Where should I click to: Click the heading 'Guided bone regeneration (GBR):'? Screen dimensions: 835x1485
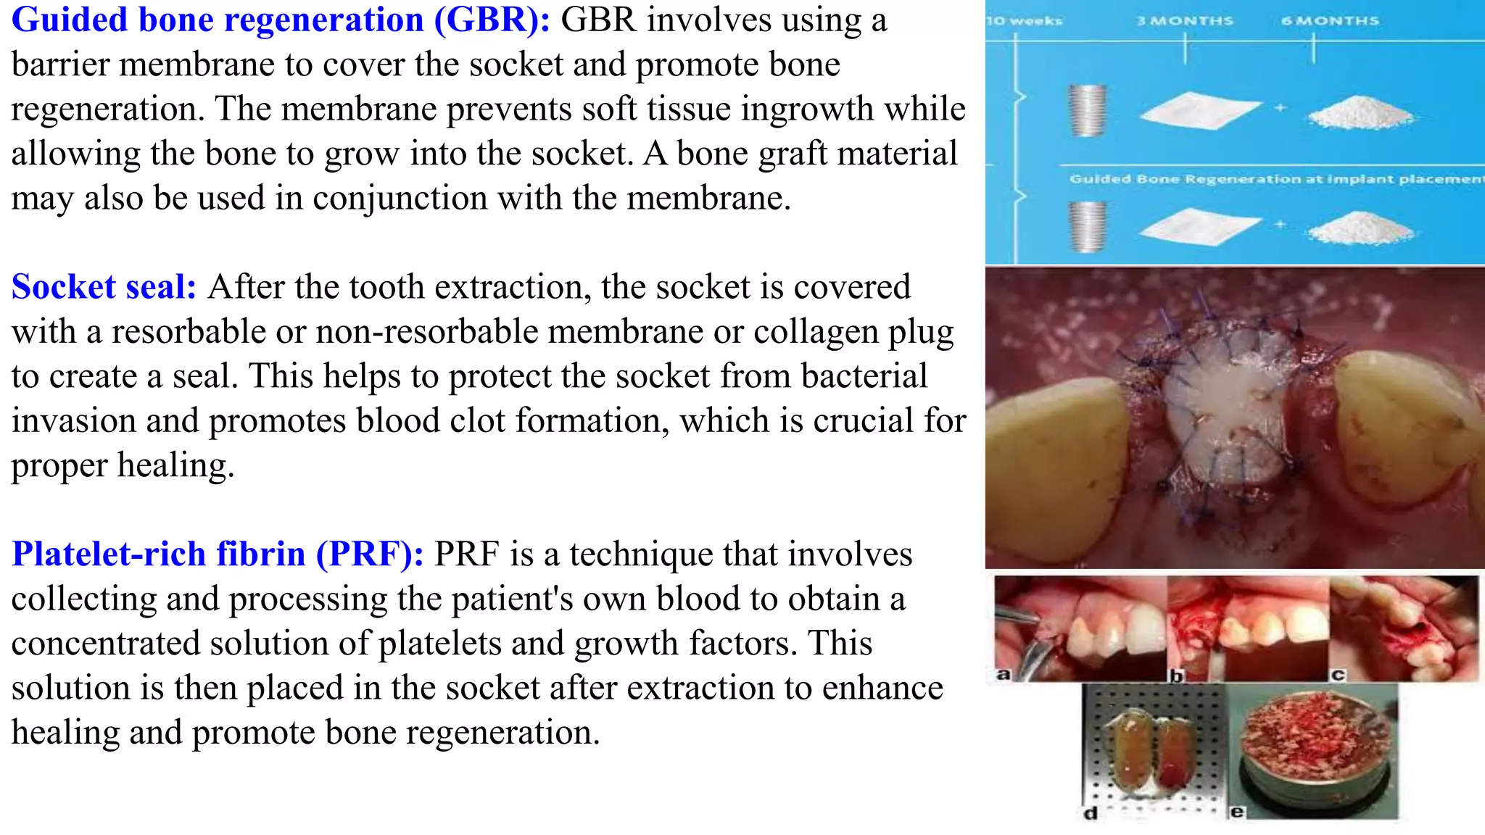point(281,20)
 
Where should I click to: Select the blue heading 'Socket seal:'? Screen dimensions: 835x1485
point(104,287)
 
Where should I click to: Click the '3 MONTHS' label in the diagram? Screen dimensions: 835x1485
point(1185,21)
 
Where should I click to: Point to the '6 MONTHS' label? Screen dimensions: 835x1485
point(1330,21)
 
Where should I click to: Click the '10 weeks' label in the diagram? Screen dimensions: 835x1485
point(1024,21)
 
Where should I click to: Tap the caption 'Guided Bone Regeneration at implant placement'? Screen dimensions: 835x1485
point(1276,179)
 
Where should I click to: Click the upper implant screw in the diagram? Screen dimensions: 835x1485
point(1088,110)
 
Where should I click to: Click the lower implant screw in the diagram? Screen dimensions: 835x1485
point(1088,225)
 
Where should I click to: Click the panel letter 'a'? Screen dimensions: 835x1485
point(1003,674)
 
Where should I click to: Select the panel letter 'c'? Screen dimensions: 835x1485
point(1338,674)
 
